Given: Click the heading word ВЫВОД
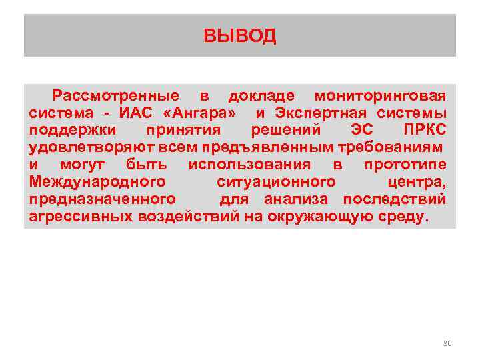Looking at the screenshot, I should coord(240,35).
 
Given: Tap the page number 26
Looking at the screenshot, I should coord(447,343).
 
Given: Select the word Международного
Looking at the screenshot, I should coord(97,182).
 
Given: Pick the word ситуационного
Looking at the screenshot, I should coord(276,182).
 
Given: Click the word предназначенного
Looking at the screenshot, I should coord(103,199).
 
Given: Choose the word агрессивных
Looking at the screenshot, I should coord(82,217).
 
